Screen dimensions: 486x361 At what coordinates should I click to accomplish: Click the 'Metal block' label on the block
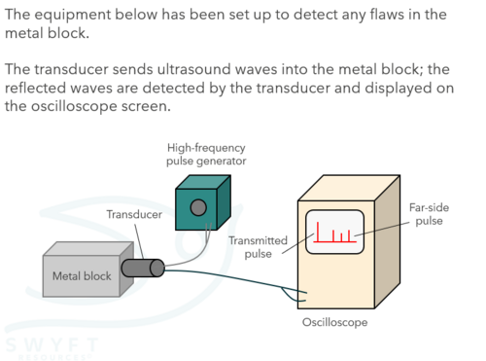click(82, 276)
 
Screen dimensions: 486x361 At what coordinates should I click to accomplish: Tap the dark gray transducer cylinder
click(143, 268)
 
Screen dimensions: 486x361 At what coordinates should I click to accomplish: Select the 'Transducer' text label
click(134, 214)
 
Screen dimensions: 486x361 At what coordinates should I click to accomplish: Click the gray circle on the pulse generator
click(198, 207)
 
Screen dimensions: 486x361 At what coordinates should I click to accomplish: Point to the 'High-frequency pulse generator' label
click(206, 155)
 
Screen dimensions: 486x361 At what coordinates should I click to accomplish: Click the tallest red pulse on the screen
click(318, 232)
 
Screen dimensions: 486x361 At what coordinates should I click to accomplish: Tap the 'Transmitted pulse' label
click(258, 247)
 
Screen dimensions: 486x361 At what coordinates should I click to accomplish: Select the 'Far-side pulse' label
click(429, 214)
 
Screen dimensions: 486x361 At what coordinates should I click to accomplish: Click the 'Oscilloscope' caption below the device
click(334, 322)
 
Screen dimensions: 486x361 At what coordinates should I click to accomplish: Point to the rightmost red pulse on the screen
click(349, 236)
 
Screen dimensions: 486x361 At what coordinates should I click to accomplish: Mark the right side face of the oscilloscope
click(387, 241)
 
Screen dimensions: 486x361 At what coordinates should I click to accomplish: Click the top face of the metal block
click(88, 249)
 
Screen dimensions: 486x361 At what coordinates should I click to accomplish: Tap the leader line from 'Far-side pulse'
click(382, 230)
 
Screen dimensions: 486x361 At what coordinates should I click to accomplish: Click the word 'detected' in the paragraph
click(173, 88)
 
